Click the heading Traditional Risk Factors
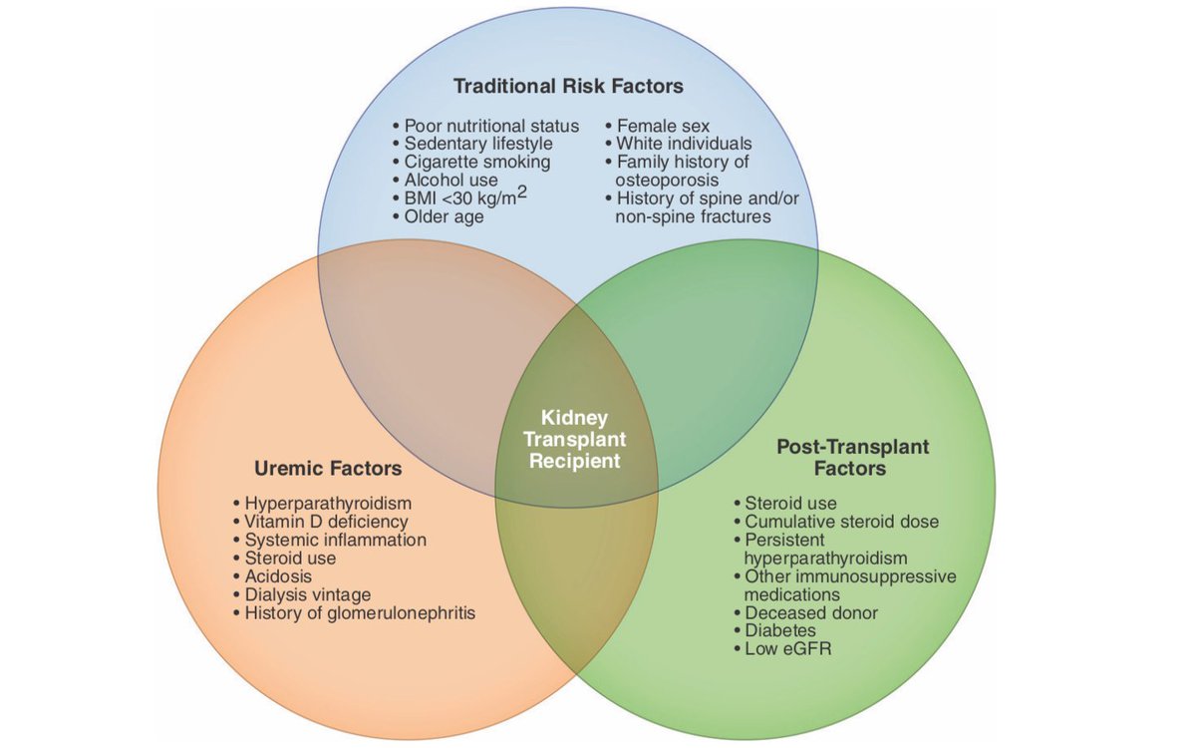point(568,86)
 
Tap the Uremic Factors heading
point(328,468)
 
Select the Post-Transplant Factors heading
point(852,457)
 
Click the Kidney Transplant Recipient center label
point(575,440)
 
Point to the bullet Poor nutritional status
point(491,126)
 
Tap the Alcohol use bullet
point(450,180)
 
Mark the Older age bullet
point(444,215)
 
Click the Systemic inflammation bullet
point(335,540)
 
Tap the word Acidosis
point(278,576)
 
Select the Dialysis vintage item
point(307,594)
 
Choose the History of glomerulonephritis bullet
point(360,612)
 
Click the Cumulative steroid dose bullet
point(841,522)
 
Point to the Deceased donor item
point(809,612)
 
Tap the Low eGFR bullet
point(787,648)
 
